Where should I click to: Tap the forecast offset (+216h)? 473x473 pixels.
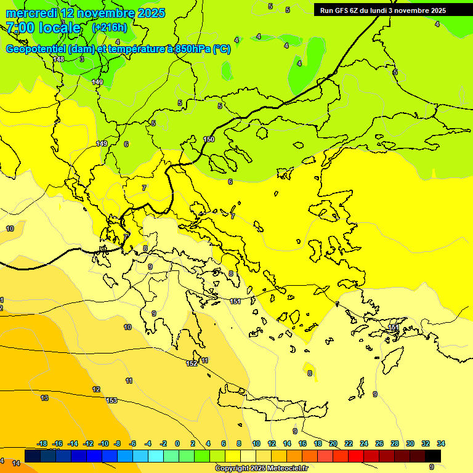tap(109, 28)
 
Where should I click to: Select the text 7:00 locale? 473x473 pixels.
tap(43, 28)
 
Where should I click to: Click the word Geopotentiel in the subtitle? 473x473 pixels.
tap(36, 49)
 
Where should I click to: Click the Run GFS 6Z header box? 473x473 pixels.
tap(382, 10)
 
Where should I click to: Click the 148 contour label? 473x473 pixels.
tap(59, 59)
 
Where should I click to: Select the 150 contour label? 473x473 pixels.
tap(209, 140)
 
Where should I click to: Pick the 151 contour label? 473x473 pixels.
tap(235, 301)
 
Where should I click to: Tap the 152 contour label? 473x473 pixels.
tap(192, 363)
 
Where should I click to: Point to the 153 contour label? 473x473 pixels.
tap(111, 400)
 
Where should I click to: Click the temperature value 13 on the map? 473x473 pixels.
tap(44, 398)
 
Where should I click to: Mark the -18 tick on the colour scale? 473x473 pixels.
tap(42, 443)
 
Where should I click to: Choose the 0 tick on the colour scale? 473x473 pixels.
tap(177, 443)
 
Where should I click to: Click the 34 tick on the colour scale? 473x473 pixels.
tap(441, 443)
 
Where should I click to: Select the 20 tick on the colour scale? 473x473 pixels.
tap(333, 443)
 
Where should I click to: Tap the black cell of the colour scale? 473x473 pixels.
tap(433, 456)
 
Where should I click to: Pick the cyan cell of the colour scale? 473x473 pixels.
tap(156, 456)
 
